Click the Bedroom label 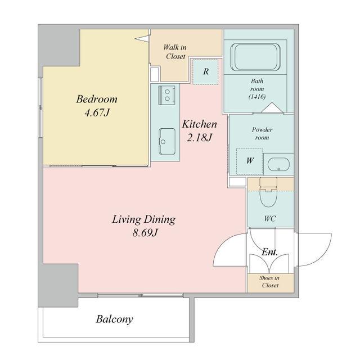[x=97, y=99]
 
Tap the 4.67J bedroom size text [x=97, y=112]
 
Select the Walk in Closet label [x=175, y=52]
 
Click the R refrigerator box [x=205, y=71]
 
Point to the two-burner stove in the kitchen [x=166, y=95]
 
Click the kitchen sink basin [x=167, y=141]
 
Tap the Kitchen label [x=199, y=124]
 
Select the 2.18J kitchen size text [x=199, y=137]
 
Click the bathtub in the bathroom [x=255, y=57]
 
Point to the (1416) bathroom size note [x=257, y=97]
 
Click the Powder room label [x=262, y=133]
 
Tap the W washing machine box [x=250, y=161]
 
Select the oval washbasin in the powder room [x=279, y=164]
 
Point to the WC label [x=269, y=219]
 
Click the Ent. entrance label [x=270, y=252]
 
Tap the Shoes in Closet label [x=270, y=281]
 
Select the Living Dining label [x=144, y=219]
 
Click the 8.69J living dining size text [x=145, y=233]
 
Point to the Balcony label [x=114, y=319]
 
